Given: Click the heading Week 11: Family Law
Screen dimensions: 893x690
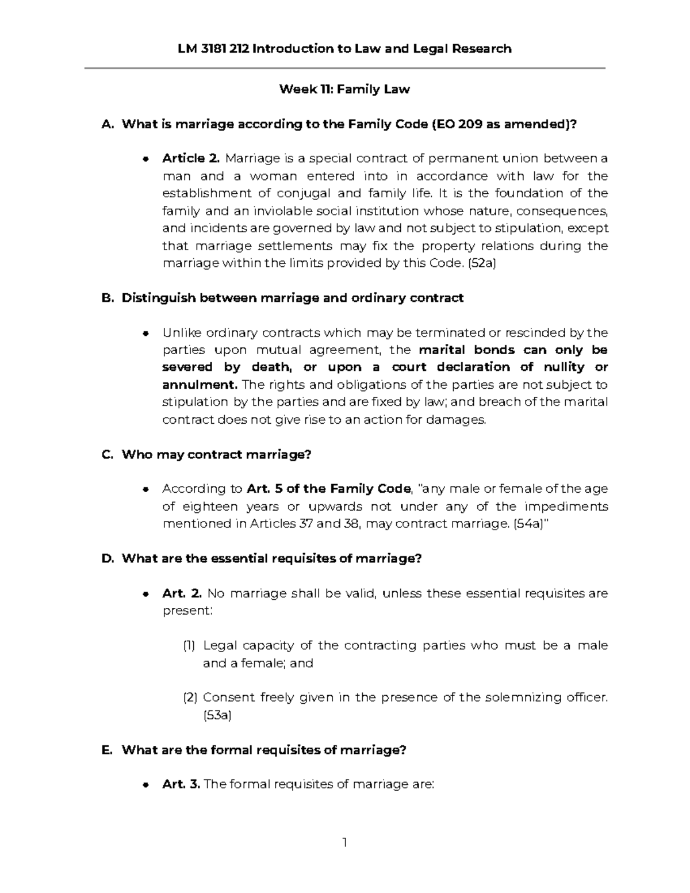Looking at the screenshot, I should pyautogui.click(x=344, y=89).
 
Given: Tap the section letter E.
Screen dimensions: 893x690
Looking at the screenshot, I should pyautogui.click(x=107, y=750).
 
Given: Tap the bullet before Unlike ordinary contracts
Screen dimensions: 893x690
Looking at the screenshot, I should pyautogui.click(x=147, y=333).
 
